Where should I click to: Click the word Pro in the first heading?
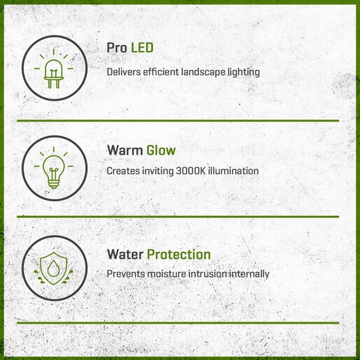(x=117, y=48)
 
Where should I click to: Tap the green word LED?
(x=142, y=48)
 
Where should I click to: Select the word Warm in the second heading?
(x=124, y=150)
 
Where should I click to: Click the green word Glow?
(x=161, y=150)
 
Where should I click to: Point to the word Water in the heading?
(x=125, y=254)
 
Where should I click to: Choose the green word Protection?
(x=179, y=254)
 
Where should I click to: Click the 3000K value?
(x=191, y=171)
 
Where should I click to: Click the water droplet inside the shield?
(x=54, y=268)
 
